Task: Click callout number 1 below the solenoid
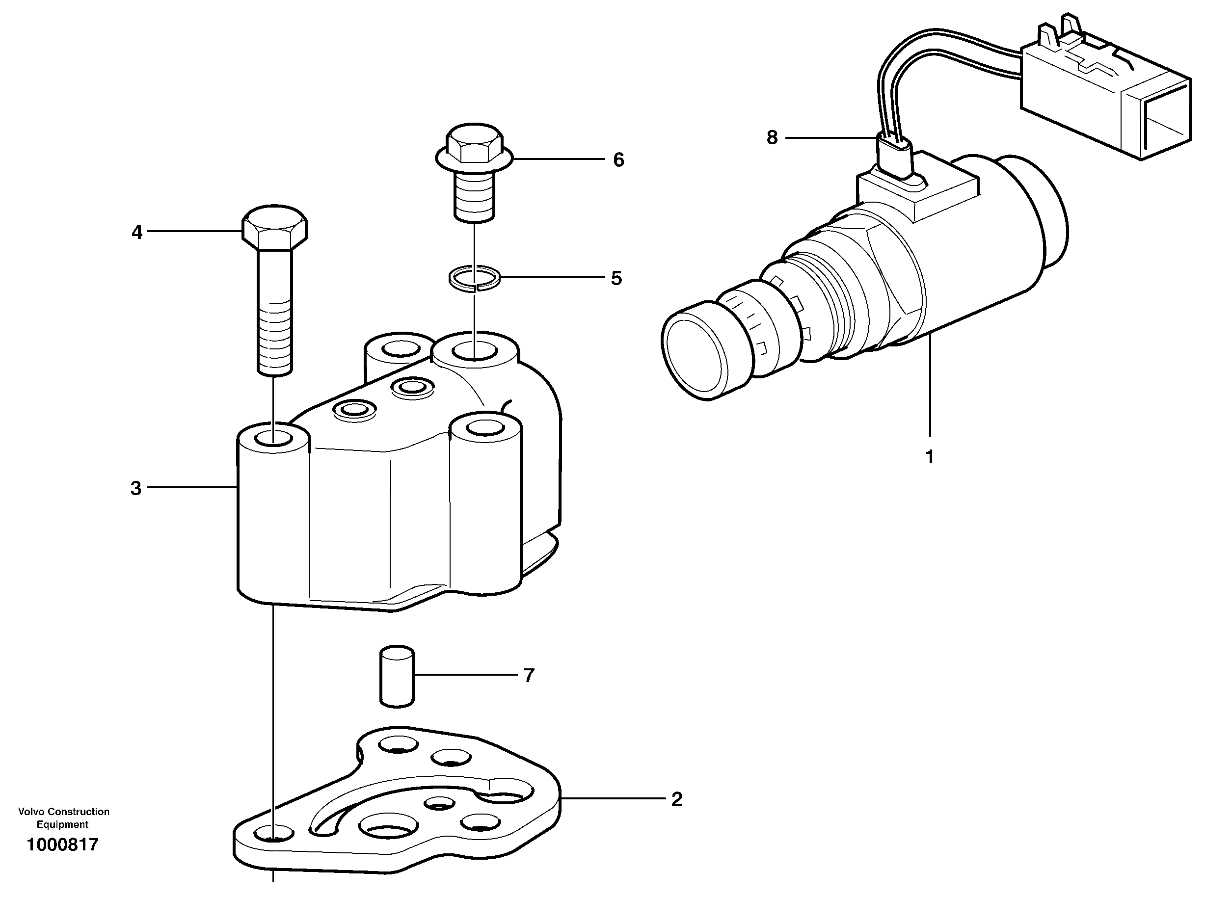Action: [929, 457]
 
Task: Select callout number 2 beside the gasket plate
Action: [676, 799]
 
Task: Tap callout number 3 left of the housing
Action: [136, 488]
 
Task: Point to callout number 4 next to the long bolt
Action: [137, 233]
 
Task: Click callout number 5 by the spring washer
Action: [616, 278]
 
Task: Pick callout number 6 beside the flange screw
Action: [618, 159]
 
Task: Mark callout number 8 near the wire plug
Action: [772, 138]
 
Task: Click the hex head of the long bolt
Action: [274, 228]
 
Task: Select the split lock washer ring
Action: [474, 279]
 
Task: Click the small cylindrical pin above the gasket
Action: [397, 676]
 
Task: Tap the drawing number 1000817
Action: [63, 844]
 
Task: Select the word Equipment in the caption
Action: [62, 824]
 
